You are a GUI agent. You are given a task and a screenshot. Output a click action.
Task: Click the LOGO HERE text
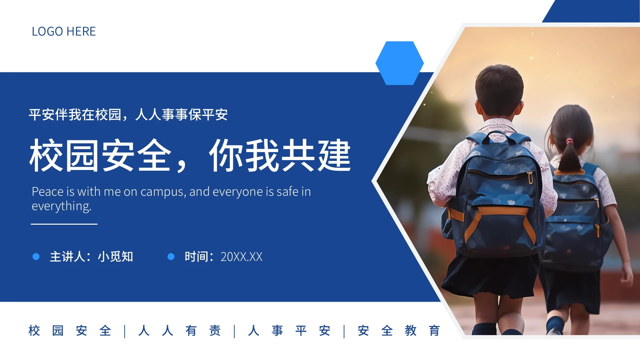(64, 32)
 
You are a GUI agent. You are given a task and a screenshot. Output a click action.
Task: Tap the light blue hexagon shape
(399, 63)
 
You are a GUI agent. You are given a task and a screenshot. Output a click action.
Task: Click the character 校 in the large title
(46, 155)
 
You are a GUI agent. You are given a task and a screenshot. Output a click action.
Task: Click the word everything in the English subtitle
(61, 206)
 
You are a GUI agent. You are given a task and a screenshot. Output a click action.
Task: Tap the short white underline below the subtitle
(64, 224)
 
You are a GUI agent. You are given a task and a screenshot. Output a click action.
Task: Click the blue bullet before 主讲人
(36, 256)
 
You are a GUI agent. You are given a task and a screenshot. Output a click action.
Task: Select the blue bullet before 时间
(171, 256)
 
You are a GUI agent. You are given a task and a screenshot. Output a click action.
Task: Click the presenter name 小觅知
(115, 257)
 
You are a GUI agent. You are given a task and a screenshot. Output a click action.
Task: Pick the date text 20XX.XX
(241, 257)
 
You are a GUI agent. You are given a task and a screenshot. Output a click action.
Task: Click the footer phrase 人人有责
(179, 331)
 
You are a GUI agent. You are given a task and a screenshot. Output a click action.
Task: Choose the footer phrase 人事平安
(289, 331)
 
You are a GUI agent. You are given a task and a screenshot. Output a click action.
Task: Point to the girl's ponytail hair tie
(569, 142)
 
